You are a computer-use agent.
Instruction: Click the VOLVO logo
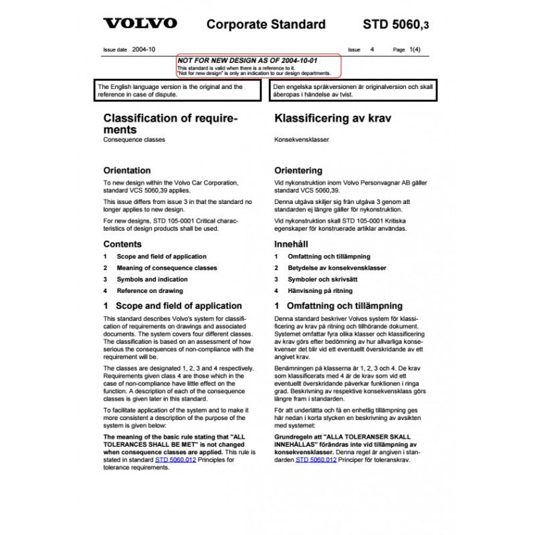pyautogui.click(x=139, y=23)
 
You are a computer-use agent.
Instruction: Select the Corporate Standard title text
pyautogui.click(x=266, y=25)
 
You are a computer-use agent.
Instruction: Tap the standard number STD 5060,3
pyautogui.click(x=397, y=25)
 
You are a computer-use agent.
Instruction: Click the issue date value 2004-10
pyautogui.click(x=143, y=49)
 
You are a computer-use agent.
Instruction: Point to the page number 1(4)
pyautogui.click(x=414, y=49)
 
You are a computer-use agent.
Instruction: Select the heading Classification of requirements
pyautogui.click(x=171, y=124)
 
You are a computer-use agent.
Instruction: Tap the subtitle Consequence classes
pyautogui.click(x=134, y=141)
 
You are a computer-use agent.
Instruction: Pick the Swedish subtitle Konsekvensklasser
pyautogui.click(x=300, y=141)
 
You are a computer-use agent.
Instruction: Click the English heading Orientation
pyautogui.click(x=127, y=171)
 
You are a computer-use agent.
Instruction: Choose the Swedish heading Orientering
pyautogui.click(x=298, y=171)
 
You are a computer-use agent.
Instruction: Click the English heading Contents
pyautogui.click(x=122, y=244)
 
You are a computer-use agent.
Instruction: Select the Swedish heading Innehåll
pyautogui.click(x=292, y=244)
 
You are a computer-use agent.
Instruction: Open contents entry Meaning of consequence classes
pyautogui.click(x=167, y=268)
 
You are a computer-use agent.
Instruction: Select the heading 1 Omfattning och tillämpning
pyautogui.click(x=338, y=306)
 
